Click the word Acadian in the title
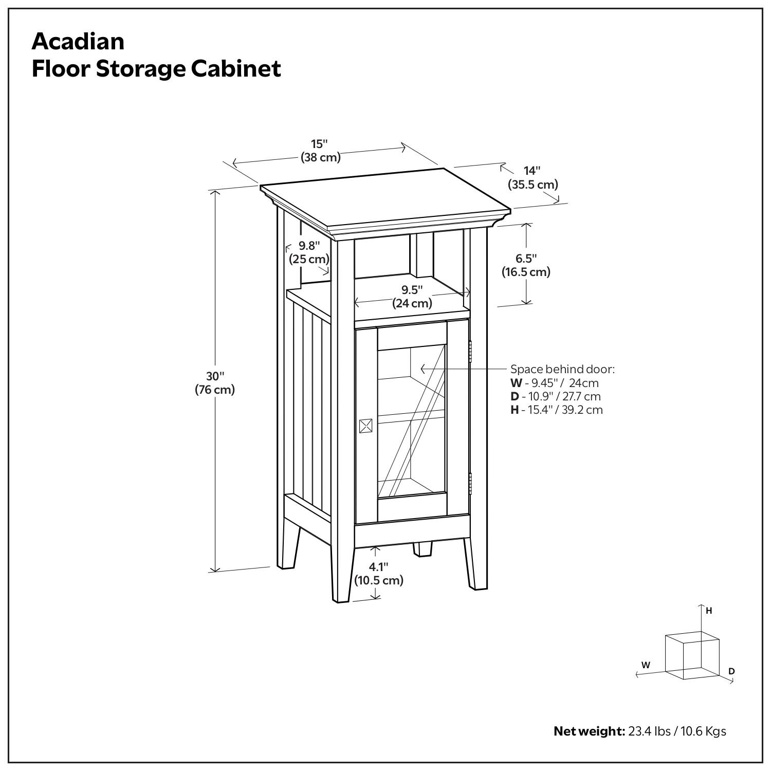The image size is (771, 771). [78, 41]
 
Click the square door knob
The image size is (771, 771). [366, 426]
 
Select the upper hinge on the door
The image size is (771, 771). [470, 351]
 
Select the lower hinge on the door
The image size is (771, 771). [470, 483]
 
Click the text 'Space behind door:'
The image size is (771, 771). [562, 369]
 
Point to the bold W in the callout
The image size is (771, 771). [516, 383]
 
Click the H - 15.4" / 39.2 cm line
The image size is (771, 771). [556, 410]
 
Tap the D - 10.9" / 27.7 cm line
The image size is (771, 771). [555, 396]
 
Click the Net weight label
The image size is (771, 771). [589, 731]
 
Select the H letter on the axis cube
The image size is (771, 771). [709, 611]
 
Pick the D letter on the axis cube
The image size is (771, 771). [731, 671]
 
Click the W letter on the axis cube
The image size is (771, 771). [646, 665]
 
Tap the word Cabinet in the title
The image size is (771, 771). [236, 69]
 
